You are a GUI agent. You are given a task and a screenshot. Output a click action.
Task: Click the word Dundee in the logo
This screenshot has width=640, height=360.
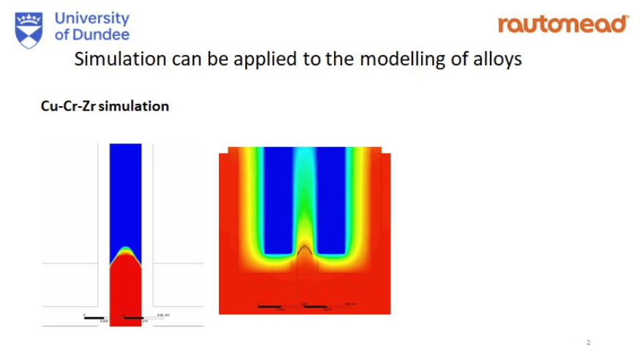point(102,34)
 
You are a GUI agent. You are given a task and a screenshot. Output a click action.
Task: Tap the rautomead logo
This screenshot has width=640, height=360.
point(562,24)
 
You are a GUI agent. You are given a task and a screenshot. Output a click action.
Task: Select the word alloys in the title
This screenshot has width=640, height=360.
point(496,59)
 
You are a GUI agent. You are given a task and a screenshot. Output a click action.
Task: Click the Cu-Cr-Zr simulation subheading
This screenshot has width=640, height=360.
point(105,106)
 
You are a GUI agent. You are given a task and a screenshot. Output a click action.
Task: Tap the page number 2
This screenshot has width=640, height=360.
point(588,342)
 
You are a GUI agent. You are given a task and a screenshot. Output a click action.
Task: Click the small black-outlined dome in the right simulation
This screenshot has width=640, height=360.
point(303,250)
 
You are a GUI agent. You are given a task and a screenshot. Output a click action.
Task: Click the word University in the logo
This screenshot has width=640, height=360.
point(92,18)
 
